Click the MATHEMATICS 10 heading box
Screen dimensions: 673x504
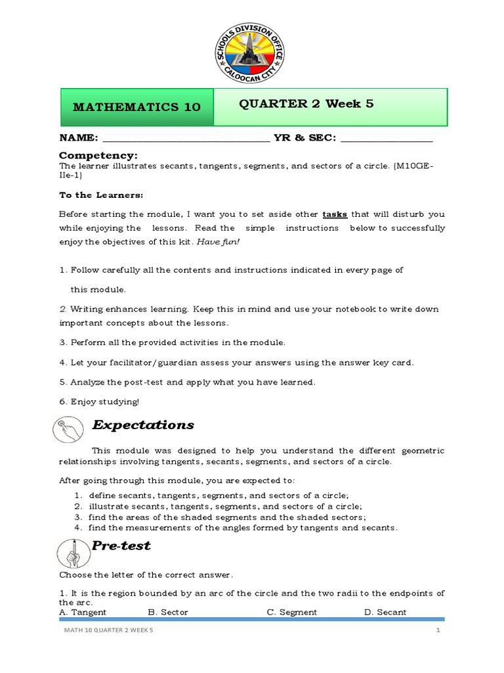point(137,107)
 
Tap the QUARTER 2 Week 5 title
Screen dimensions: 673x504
point(306,104)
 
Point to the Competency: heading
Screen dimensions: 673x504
point(98,155)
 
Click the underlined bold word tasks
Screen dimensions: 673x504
point(335,214)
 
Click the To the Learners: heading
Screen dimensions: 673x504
point(101,195)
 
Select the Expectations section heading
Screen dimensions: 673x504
point(143,425)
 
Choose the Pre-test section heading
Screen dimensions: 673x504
point(121,545)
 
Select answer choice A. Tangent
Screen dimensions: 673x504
point(83,612)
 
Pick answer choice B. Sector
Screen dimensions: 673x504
point(168,612)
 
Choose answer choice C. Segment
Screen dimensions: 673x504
point(291,612)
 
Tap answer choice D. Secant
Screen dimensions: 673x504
point(385,612)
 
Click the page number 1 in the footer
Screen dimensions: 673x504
point(437,631)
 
